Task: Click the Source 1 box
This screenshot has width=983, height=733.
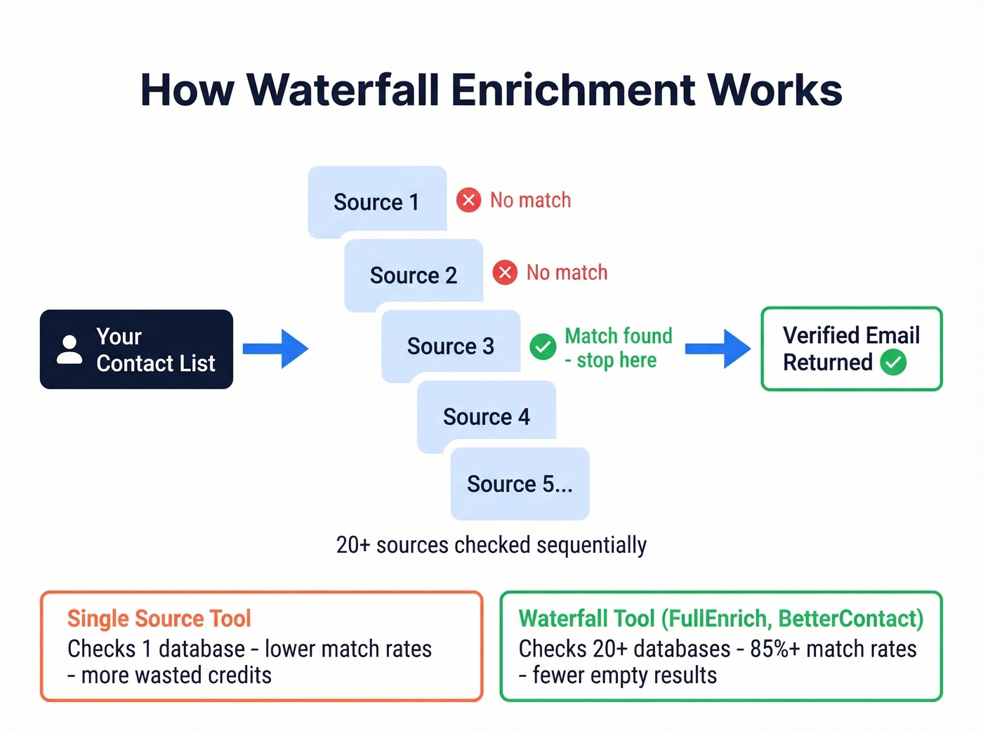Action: click(x=377, y=201)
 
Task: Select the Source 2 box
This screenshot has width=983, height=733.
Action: click(x=414, y=274)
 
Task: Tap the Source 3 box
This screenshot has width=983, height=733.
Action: click(x=450, y=346)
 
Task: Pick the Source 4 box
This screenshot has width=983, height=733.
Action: click(x=487, y=416)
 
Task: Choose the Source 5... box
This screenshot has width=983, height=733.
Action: click(x=520, y=484)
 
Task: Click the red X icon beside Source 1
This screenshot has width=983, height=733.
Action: click(x=468, y=200)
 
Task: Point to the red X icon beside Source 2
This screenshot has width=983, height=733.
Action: click(x=505, y=272)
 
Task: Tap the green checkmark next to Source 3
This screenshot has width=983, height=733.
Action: click(x=543, y=347)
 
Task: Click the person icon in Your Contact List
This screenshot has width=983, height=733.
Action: click(x=69, y=349)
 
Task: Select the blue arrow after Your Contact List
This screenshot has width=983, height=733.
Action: click(x=275, y=349)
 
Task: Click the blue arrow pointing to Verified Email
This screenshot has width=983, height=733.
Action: click(x=718, y=349)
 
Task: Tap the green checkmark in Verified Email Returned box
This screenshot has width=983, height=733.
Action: click(x=893, y=363)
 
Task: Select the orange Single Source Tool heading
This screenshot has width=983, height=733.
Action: click(x=159, y=618)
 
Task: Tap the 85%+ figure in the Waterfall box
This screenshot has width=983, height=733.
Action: click(x=774, y=649)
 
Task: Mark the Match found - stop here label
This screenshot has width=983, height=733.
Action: click(x=618, y=348)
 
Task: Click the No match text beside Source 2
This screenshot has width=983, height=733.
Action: click(x=567, y=272)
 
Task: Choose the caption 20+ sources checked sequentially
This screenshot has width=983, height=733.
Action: click(x=491, y=545)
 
